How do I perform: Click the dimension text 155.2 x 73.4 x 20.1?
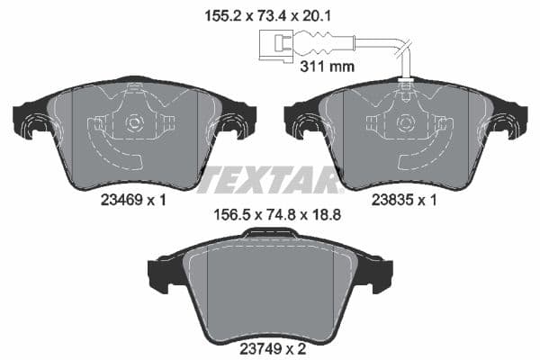[269, 14]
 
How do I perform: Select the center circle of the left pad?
[134, 123]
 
